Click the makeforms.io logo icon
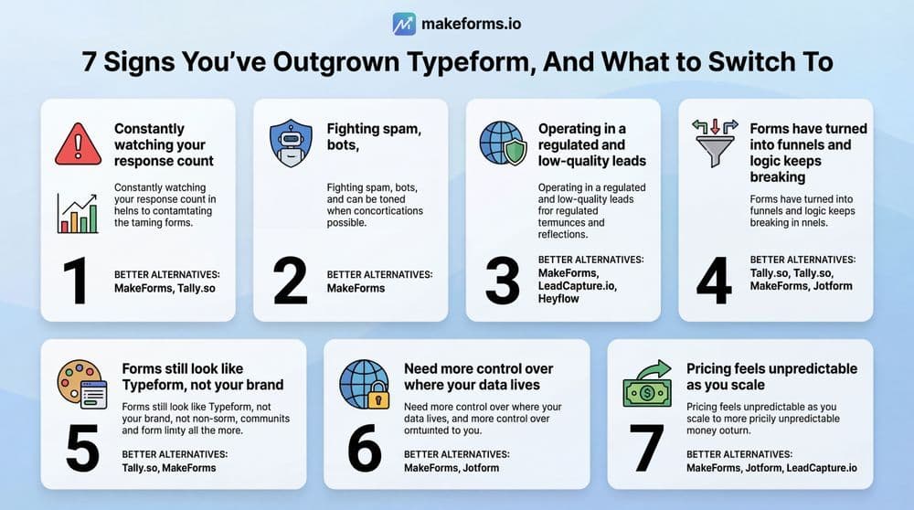(x=404, y=24)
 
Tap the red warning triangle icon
(x=79, y=144)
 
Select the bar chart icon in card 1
(x=78, y=212)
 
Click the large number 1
(x=76, y=282)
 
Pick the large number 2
(x=291, y=282)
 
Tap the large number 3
(x=502, y=282)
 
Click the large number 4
(x=714, y=282)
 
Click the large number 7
(x=647, y=448)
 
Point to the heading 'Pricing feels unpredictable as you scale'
(x=771, y=377)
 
